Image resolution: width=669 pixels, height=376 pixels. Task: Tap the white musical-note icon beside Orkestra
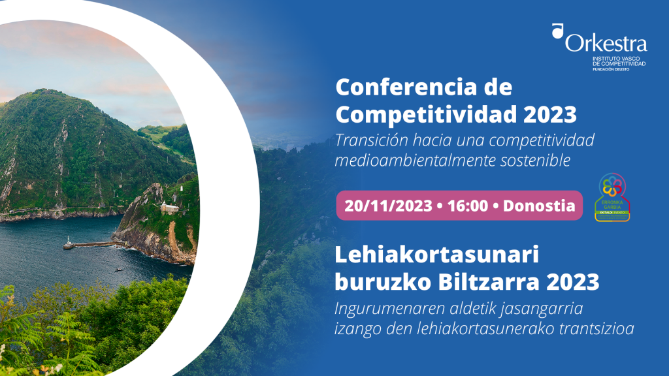(x=557, y=31)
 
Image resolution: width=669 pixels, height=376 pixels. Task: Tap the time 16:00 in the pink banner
(x=466, y=206)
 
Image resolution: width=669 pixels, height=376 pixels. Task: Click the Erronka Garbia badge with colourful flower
(x=612, y=198)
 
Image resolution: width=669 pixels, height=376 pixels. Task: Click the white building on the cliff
(x=169, y=208)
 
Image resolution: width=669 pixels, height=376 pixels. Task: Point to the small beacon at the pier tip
(x=67, y=242)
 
